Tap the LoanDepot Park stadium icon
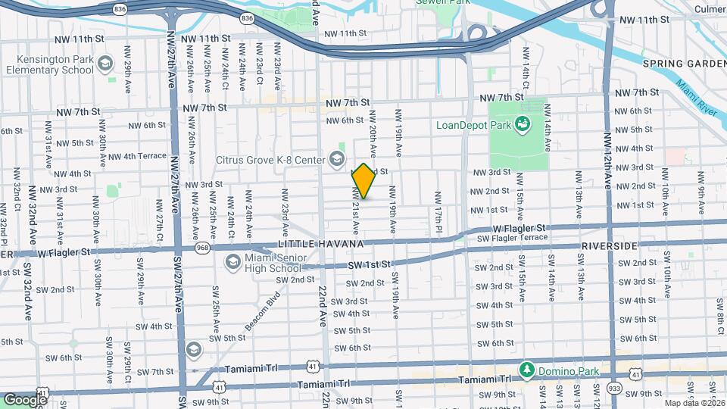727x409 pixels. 522,123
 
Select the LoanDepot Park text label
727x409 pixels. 473,124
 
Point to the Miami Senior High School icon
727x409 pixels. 233,262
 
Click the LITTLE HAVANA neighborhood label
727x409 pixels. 321,244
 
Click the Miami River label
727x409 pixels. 697,98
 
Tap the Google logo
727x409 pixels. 25,399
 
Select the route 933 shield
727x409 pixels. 613,387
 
